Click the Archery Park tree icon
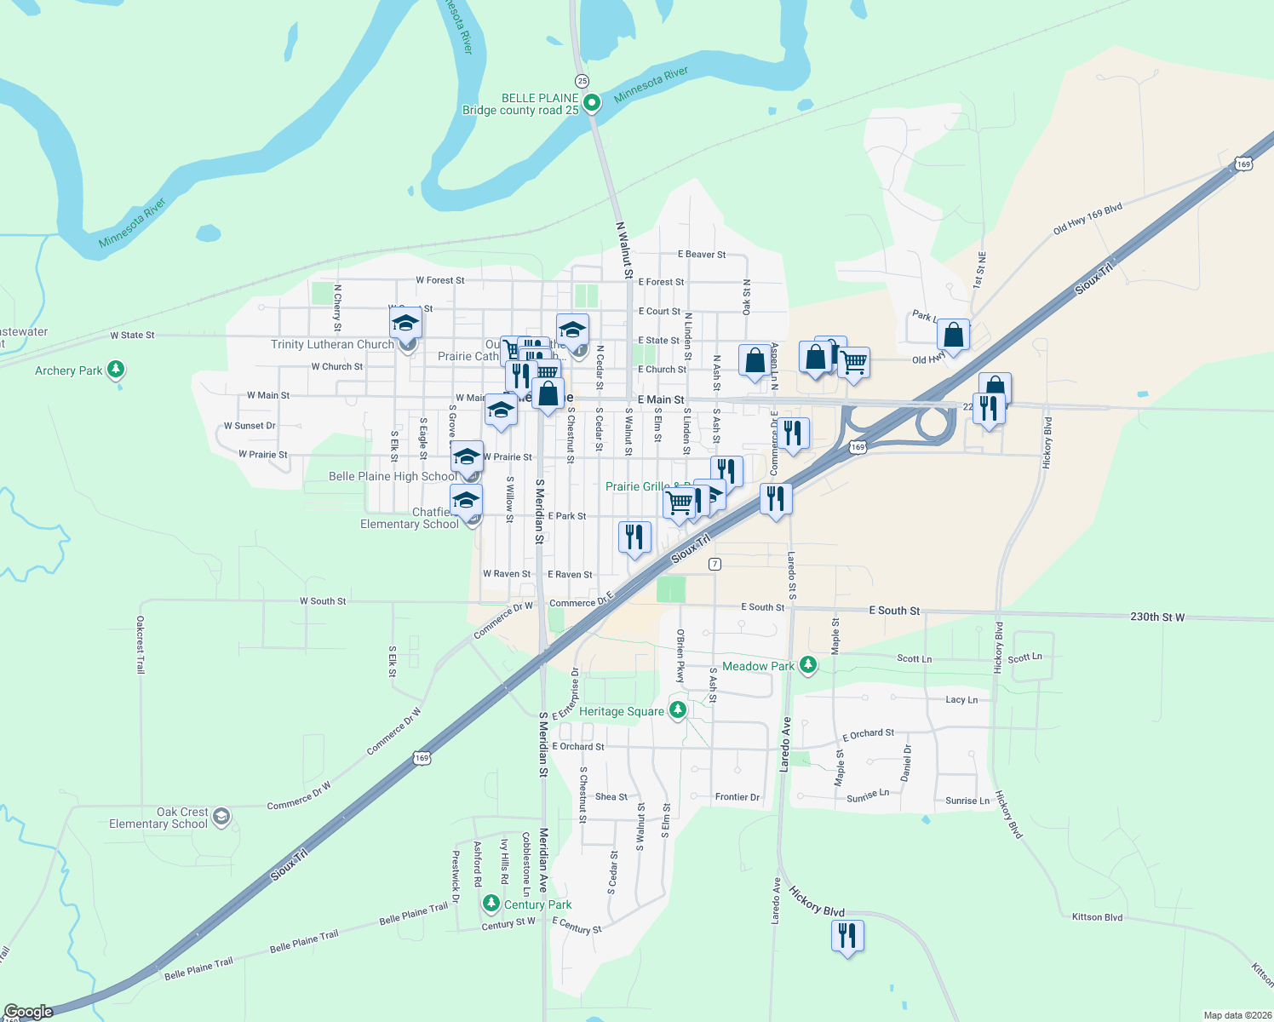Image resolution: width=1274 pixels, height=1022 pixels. click(116, 370)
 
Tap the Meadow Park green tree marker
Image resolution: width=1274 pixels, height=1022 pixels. click(808, 665)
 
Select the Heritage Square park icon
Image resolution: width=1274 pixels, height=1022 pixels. click(678, 710)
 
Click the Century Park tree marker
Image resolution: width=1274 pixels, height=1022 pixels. click(491, 903)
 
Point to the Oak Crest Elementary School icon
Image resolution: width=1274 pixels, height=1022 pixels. click(221, 818)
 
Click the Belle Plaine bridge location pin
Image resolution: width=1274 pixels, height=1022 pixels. click(592, 103)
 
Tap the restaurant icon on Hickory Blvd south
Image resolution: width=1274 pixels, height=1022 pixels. click(847, 936)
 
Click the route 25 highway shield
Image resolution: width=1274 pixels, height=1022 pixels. click(582, 81)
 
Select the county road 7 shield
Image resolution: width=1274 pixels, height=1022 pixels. click(714, 564)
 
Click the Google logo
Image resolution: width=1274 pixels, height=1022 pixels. click(28, 1012)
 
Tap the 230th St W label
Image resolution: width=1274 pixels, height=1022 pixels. click(1156, 617)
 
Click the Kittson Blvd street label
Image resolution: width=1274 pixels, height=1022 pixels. click(1097, 917)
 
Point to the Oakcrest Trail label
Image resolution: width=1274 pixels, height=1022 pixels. click(141, 645)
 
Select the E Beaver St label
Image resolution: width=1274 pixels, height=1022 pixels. click(702, 255)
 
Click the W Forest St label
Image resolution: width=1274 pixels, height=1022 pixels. click(439, 280)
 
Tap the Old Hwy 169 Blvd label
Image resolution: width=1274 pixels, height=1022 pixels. click(1087, 218)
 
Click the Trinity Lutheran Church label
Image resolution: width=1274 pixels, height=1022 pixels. click(332, 344)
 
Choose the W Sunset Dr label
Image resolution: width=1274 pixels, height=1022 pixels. click(250, 426)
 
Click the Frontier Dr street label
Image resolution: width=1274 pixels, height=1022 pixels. click(737, 797)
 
